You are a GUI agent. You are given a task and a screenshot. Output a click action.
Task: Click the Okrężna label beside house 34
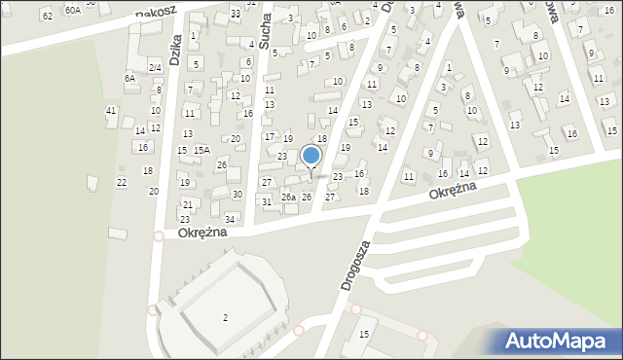click(202, 233)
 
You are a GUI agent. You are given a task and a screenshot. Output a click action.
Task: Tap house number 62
click(48, 15)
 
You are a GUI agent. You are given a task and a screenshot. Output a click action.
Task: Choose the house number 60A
click(73, 9)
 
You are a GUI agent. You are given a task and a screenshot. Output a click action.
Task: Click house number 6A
click(129, 78)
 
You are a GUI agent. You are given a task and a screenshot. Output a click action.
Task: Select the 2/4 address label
click(155, 66)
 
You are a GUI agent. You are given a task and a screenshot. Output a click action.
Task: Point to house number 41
click(111, 110)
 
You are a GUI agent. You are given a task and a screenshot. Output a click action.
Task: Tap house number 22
click(122, 182)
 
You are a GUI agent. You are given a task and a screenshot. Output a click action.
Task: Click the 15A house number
click(202, 150)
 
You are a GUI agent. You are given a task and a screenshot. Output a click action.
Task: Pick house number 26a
click(288, 198)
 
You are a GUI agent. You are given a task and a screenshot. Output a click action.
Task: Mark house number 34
click(231, 218)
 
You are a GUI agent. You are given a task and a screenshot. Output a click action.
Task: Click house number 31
click(267, 201)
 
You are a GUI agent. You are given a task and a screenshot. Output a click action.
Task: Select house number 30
click(237, 195)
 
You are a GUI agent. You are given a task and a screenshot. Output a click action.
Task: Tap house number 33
click(236, 13)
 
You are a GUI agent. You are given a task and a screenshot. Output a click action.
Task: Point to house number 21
click(185, 205)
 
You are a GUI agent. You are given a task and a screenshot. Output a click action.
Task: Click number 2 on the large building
click(225, 318)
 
